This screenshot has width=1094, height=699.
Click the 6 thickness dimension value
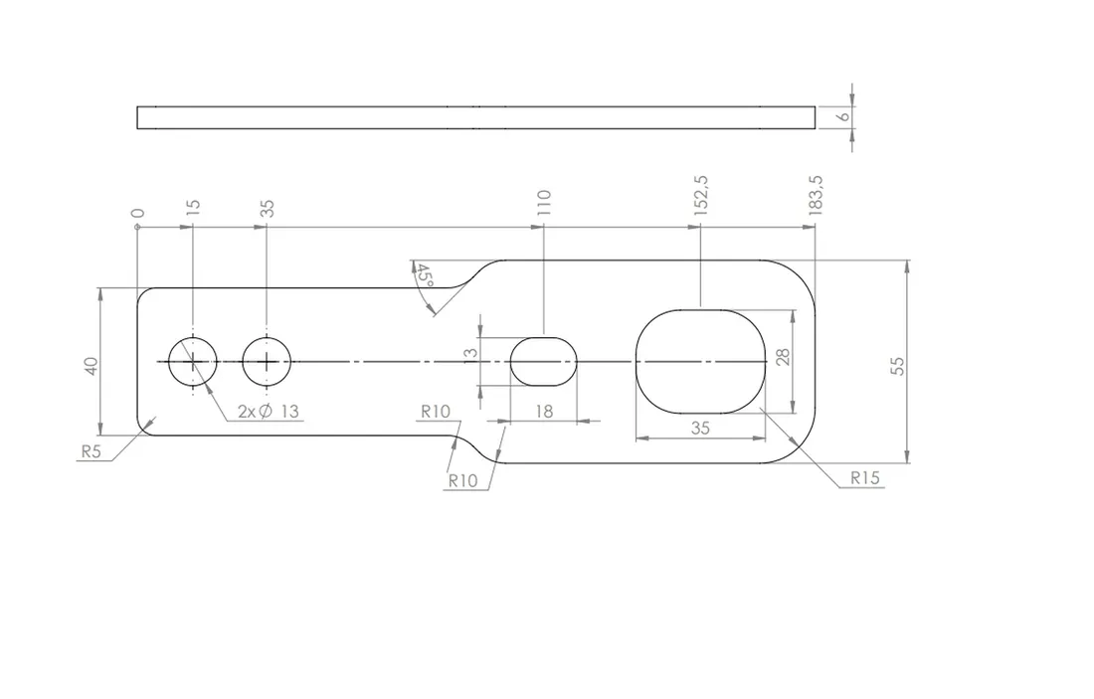point(844,115)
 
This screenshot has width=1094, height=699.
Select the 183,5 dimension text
point(816,195)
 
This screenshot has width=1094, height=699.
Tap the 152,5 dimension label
point(701,195)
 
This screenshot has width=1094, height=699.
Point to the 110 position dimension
point(545,202)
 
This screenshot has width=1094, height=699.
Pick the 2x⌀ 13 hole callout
point(269,412)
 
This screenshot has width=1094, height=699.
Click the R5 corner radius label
point(91,451)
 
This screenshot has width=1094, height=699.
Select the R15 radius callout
point(865,478)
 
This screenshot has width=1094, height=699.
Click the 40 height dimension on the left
point(91,366)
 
